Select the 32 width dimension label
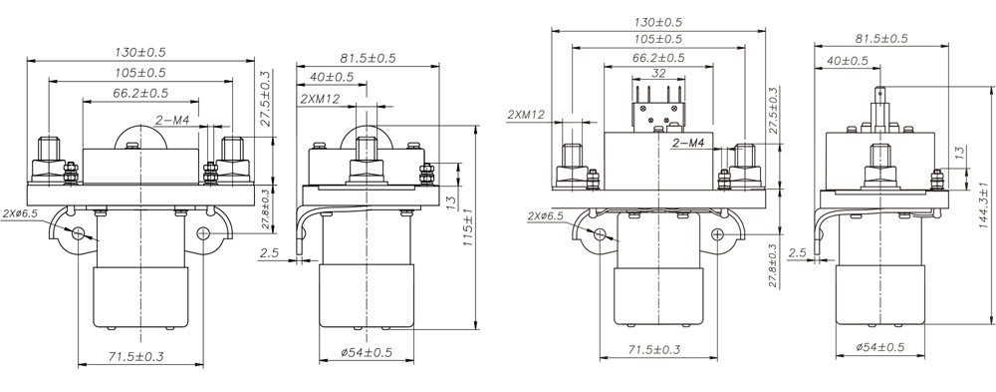coord(658,73)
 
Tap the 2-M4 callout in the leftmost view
coord(172,121)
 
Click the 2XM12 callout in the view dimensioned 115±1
coord(320,99)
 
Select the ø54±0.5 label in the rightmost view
coord(879,347)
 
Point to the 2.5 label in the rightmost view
coord(797,252)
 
